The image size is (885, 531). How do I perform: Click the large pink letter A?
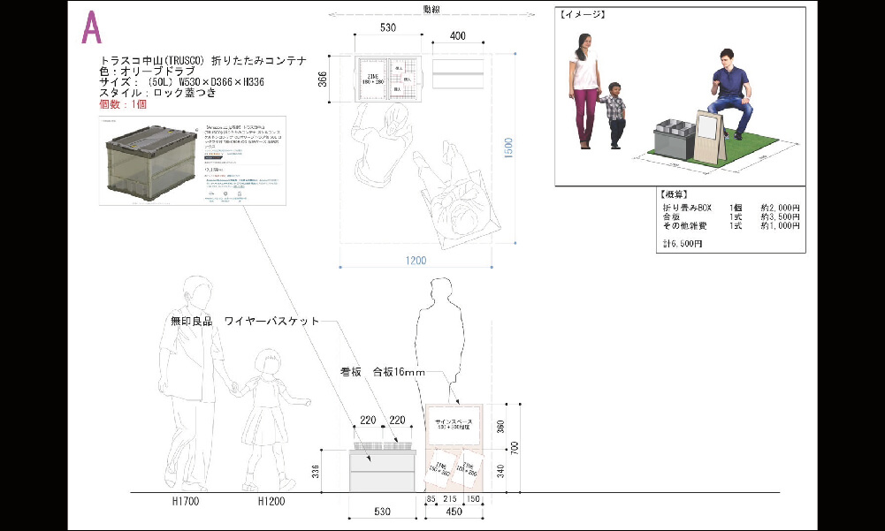pyautogui.click(x=91, y=29)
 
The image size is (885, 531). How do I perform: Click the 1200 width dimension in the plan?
pyautogui.click(x=416, y=261)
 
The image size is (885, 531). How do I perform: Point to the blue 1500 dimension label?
pyautogui.click(x=503, y=153)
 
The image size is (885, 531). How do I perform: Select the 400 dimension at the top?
pyautogui.click(x=458, y=36)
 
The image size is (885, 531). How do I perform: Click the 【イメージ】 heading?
pyautogui.click(x=582, y=15)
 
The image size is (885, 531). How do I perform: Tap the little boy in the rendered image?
pyautogui.click(x=614, y=115)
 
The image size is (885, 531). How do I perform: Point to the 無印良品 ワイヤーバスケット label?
pyautogui.click(x=245, y=321)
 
